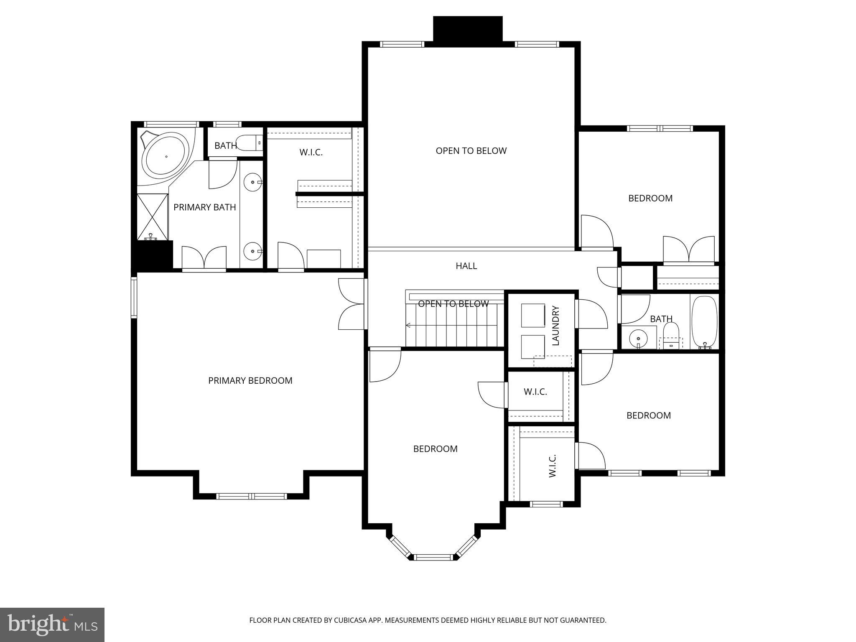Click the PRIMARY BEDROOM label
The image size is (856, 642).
[250, 380]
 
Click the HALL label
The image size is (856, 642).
[466, 266]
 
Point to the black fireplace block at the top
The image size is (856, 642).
[467, 28]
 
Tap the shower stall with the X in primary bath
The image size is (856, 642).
[152, 217]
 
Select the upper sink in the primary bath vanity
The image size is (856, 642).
[252, 183]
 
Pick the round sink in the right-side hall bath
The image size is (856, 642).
[638, 337]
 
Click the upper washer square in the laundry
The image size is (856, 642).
[533, 316]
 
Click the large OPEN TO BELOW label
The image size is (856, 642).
[471, 151]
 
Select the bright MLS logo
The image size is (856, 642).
[52, 624]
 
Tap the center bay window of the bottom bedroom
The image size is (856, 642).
[433, 557]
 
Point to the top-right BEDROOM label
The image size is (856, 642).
[650, 198]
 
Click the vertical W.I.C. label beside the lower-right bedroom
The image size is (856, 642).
[552, 466]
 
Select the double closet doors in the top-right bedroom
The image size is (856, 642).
[688, 250]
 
